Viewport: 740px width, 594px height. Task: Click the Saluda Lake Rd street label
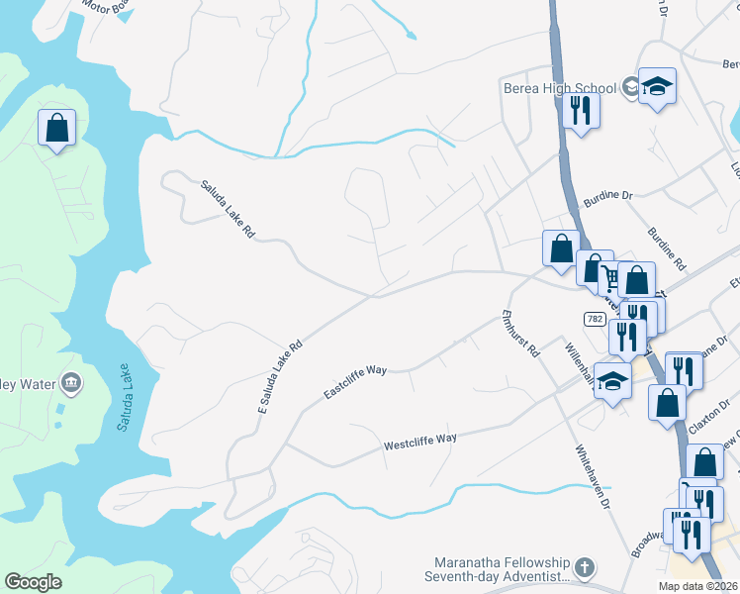(229, 209)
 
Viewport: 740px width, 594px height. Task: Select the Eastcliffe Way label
(355, 382)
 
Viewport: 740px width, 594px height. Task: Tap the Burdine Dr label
(607, 196)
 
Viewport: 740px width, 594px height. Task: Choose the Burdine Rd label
(666, 249)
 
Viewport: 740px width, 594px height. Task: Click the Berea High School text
(559, 88)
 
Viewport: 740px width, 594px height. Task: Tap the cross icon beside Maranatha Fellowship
(585, 568)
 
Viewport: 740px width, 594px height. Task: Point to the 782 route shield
(595, 319)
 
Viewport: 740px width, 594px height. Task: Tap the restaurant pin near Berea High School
(581, 109)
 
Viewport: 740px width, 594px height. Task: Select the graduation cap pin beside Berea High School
(656, 87)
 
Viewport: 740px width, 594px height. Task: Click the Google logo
(33, 582)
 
